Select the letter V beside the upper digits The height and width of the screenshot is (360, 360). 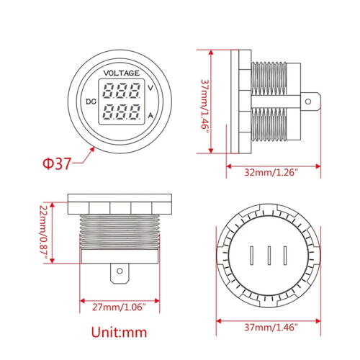[150, 88]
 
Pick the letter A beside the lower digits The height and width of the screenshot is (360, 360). [150, 114]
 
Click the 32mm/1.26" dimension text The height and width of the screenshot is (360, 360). [271, 171]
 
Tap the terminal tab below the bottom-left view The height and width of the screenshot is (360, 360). [120, 274]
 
